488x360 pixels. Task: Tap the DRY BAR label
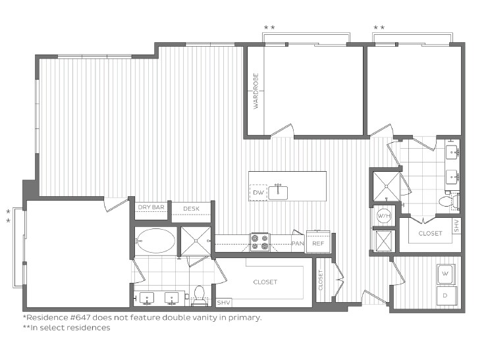coord(151,208)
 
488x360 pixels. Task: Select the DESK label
coord(192,209)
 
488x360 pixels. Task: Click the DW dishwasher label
coord(258,193)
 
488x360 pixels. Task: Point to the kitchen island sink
coord(279,192)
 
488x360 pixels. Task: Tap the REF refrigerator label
coord(318,244)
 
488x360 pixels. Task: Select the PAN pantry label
coord(298,244)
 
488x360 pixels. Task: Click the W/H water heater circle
coord(383,215)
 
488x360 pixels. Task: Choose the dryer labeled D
coord(445,296)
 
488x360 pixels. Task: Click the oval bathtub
coord(156,241)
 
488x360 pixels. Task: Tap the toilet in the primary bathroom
coord(199,295)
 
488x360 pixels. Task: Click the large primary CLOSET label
coord(265,282)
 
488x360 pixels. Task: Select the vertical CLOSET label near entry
coord(321,281)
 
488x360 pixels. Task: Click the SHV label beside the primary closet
coord(223,302)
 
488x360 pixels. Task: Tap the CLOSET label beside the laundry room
coord(430,233)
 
